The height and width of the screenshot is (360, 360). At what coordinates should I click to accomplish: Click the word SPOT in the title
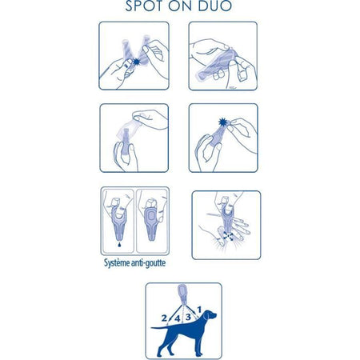coord(145,6)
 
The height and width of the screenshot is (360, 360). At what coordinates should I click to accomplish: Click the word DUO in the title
coord(215,6)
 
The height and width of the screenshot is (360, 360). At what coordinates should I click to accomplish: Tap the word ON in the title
coord(182,6)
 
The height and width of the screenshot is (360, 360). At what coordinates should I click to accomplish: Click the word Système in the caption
coord(117,263)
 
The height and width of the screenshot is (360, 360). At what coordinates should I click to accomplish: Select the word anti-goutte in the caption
coord(149,263)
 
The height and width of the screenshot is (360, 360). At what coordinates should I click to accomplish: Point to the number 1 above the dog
coord(199,310)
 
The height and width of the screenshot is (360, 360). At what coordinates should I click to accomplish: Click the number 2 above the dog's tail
coord(164,318)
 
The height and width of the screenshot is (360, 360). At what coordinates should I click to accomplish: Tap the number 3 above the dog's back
coord(188,317)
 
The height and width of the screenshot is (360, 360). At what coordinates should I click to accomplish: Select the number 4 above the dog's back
coord(178,318)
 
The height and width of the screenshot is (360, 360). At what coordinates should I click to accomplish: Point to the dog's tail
coord(161,327)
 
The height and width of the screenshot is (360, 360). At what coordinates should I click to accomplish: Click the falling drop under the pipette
coord(119,244)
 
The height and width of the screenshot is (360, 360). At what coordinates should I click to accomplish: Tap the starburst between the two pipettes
coord(137,62)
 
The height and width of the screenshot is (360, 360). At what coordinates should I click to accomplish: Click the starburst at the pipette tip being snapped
coord(223,122)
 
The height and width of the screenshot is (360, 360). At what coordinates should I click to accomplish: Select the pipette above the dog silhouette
coord(183,294)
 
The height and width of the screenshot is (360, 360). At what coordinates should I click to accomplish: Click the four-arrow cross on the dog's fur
coord(229,236)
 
